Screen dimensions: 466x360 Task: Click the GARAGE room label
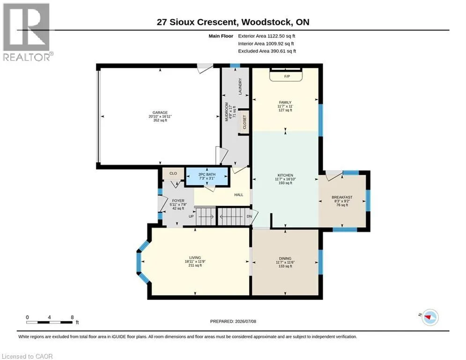pyautogui.click(x=160, y=112)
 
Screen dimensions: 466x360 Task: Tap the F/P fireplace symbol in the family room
pyautogui.click(x=286, y=75)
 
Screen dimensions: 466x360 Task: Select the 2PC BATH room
pyautogui.click(x=207, y=176)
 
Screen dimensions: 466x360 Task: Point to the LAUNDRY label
pyautogui.click(x=240, y=87)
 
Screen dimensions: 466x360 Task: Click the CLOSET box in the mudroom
pyautogui.click(x=244, y=122)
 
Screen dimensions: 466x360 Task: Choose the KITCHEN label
pyautogui.click(x=285, y=175)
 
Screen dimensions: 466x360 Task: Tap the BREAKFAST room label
pyautogui.click(x=342, y=197)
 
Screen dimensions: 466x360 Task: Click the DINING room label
pyautogui.click(x=285, y=259)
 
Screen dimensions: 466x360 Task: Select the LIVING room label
pyautogui.click(x=195, y=258)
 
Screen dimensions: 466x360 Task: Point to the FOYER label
pyautogui.click(x=178, y=201)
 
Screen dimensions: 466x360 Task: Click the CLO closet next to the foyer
pyautogui.click(x=173, y=173)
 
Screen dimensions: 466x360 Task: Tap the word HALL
pyautogui.click(x=239, y=195)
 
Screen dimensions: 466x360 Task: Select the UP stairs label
pyautogui.click(x=191, y=216)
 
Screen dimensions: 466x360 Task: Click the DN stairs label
pyautogui.click(x=249, y=216)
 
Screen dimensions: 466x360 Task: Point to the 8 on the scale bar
pyautogui.click(x=72, y=317)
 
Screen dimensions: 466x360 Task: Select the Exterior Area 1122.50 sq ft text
pyautogui.click(x=266, y=36)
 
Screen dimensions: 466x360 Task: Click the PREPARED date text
pyautogui.click(x=233, y=321)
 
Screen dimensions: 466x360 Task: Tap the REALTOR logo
pyautogui.click(x=27, y=32)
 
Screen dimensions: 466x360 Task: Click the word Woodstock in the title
pyautogui.click(x=266, y=22)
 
